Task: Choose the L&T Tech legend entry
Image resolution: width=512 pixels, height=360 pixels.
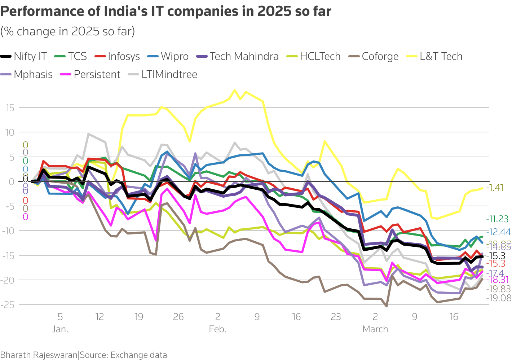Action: pyautogui.click(x=441, y=57)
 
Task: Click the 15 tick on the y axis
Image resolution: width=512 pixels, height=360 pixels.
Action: pyautogui.click(x=10, y=108)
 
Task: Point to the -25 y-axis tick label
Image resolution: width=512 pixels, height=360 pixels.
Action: pyautogui.click(x=8, y=305)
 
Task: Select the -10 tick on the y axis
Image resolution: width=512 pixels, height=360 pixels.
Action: pyautogui.click(x=8, y=231)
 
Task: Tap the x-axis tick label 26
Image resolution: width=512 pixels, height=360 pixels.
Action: pyautogui.click(x=178, y=317)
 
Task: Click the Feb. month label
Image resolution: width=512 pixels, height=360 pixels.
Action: pyautogui.click(x=217, y=329)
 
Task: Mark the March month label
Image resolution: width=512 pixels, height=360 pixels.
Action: pyautogui.click(x=375, y=329)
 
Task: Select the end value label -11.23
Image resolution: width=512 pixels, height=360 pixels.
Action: pyautogui.click(x=497, y=219)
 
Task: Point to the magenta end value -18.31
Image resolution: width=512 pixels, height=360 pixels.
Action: pyautogui.click(x=498, y=280)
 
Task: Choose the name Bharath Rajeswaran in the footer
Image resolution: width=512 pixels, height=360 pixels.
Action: pyautogui.click(x=39, y=355)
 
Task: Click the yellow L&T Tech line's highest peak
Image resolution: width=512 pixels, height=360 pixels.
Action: pyautogui.click(x=234, y=90)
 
